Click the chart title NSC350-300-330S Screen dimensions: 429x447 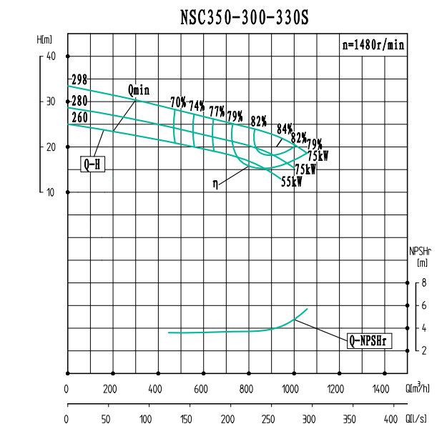click(245, 16)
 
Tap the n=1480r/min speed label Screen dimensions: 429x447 click(373, 44)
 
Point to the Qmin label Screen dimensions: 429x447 click(139, 89)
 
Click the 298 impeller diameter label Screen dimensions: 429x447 click(79, 79)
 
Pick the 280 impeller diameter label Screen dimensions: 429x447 click(79, 101)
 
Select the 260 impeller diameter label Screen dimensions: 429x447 click(79, 117)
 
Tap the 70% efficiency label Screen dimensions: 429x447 click(178, 102)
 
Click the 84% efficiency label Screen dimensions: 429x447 click(285, 129)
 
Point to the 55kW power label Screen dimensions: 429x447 click(291, 182)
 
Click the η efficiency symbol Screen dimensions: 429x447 click(215, 184)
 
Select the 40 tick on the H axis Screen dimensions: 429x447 click(51, 56)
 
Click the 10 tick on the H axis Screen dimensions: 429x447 click(51, 192)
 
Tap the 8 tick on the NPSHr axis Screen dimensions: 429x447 click(424, 283)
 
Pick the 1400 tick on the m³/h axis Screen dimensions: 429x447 click(380, 390)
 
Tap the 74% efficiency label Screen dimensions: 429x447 click(197, 106)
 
